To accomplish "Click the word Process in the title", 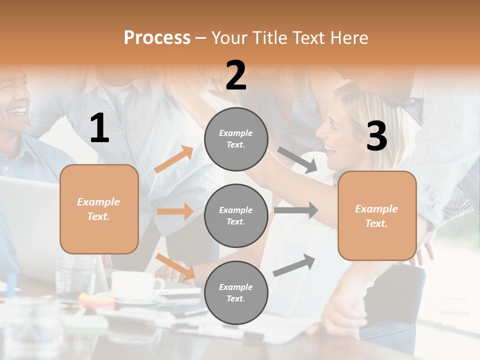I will click(157, 37).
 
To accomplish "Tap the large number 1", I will click(99, 128).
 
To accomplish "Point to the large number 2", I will click(236, 75).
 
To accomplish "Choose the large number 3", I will click(376, 136).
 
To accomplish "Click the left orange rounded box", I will click(99, 209).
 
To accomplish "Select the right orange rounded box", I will click(377, 216).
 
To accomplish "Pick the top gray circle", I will click(236, 139).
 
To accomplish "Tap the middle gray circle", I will click(236, 215).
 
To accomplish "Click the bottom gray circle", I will click(236, 292).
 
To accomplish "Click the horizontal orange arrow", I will click(175, 211).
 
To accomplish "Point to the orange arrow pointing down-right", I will click(175, 266).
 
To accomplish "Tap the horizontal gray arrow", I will click(296, 210).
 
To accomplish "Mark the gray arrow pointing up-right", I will click(294, 265).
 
